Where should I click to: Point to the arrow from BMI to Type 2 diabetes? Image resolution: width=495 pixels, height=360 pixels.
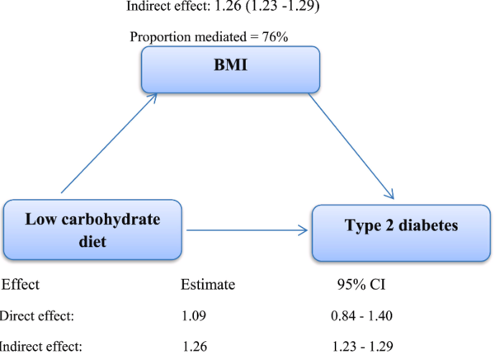click(x=351, y=144)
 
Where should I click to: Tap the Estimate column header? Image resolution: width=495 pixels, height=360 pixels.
click(x=208, y=285)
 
